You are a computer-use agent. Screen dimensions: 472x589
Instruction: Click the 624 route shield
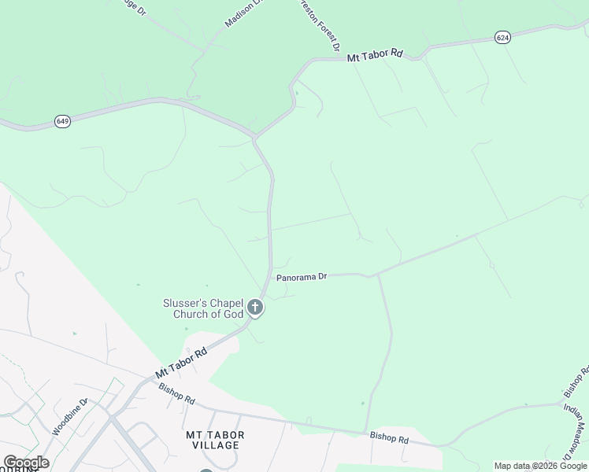tap(502, 37)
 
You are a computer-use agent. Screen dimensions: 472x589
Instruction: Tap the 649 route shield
tap(63, 121)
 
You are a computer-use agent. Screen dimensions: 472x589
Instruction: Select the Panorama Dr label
tap(301, 277)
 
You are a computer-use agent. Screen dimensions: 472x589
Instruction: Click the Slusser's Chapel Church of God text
tap(203, 308)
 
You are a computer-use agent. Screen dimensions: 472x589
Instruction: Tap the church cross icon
tap(255, 308)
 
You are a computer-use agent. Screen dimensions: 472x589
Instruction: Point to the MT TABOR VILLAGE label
tap(215, 440)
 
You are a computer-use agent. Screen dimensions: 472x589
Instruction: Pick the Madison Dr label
tap(242, 14)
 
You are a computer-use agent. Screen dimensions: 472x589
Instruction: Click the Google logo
tap(25, 463)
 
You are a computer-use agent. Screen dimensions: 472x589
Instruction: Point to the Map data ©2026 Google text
tap(540, 466)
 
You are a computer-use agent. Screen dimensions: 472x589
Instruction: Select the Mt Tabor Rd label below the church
tap(181, 360)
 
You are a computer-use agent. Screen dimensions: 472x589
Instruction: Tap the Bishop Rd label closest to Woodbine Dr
tap(176, 393)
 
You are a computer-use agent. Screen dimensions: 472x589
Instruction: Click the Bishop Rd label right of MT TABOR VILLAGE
tap(390, 439)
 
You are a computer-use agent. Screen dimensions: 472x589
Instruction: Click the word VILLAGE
tap(215, 445)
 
